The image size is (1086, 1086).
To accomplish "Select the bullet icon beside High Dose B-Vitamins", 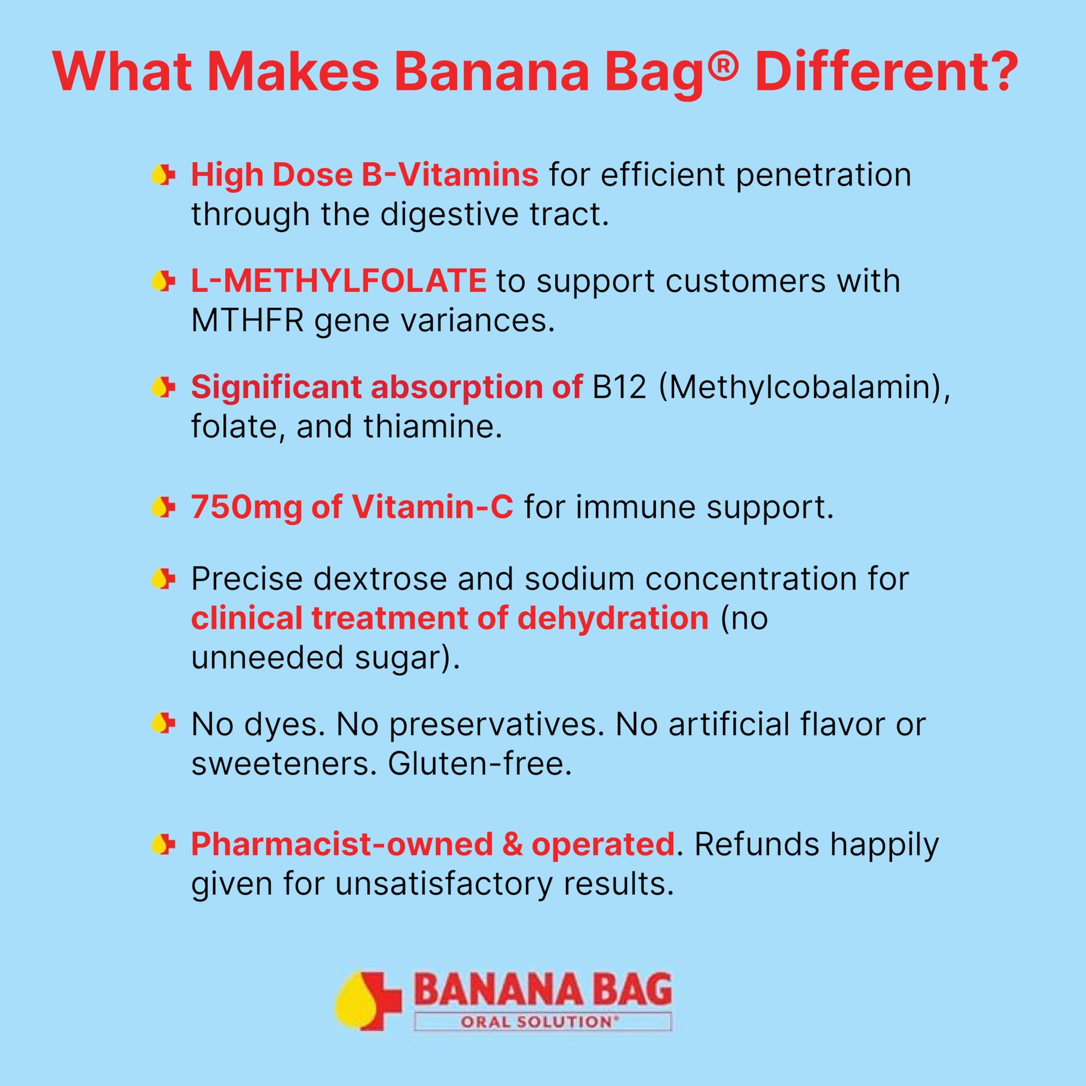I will point(163,175).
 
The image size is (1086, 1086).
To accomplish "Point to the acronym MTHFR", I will point(247,321).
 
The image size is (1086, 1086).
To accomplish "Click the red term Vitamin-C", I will point(432,507).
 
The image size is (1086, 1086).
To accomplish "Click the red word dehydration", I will point(613,619).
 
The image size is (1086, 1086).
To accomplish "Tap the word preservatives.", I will point(493,725).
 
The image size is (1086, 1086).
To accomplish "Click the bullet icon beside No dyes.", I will point(163,724).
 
